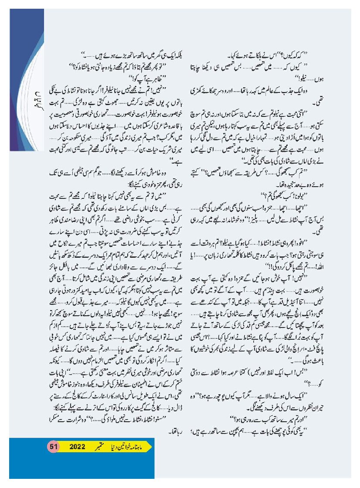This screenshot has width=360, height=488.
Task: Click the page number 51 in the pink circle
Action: [x=54, y=447]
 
